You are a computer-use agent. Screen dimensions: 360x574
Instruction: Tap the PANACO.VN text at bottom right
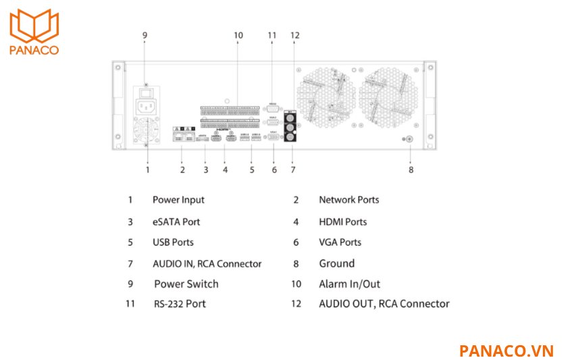[506, 351]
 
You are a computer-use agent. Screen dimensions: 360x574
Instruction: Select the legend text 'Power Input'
[178, 200]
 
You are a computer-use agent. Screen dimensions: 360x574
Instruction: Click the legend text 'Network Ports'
[348, 200]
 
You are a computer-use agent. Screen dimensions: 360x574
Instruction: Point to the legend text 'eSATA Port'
[176, 222]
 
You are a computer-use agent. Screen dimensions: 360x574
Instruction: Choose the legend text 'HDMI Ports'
[342, 222]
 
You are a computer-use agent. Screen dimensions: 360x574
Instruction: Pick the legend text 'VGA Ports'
[340, 242]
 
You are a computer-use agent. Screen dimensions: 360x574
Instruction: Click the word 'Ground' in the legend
[336, 263]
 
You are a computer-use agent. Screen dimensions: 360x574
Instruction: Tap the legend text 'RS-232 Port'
[179, 304]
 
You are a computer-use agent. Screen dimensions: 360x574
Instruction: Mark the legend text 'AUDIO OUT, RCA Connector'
[384, 304]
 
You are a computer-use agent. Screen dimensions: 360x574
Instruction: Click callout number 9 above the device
[145, 34]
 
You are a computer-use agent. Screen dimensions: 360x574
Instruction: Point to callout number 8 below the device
[411, 170]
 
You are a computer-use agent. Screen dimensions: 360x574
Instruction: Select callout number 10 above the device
[238, 34]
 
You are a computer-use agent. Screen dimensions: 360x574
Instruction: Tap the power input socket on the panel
[147, 106]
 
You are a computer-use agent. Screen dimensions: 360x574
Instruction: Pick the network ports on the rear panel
[183, 136]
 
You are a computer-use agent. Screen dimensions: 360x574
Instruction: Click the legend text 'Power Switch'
[186, 284]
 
